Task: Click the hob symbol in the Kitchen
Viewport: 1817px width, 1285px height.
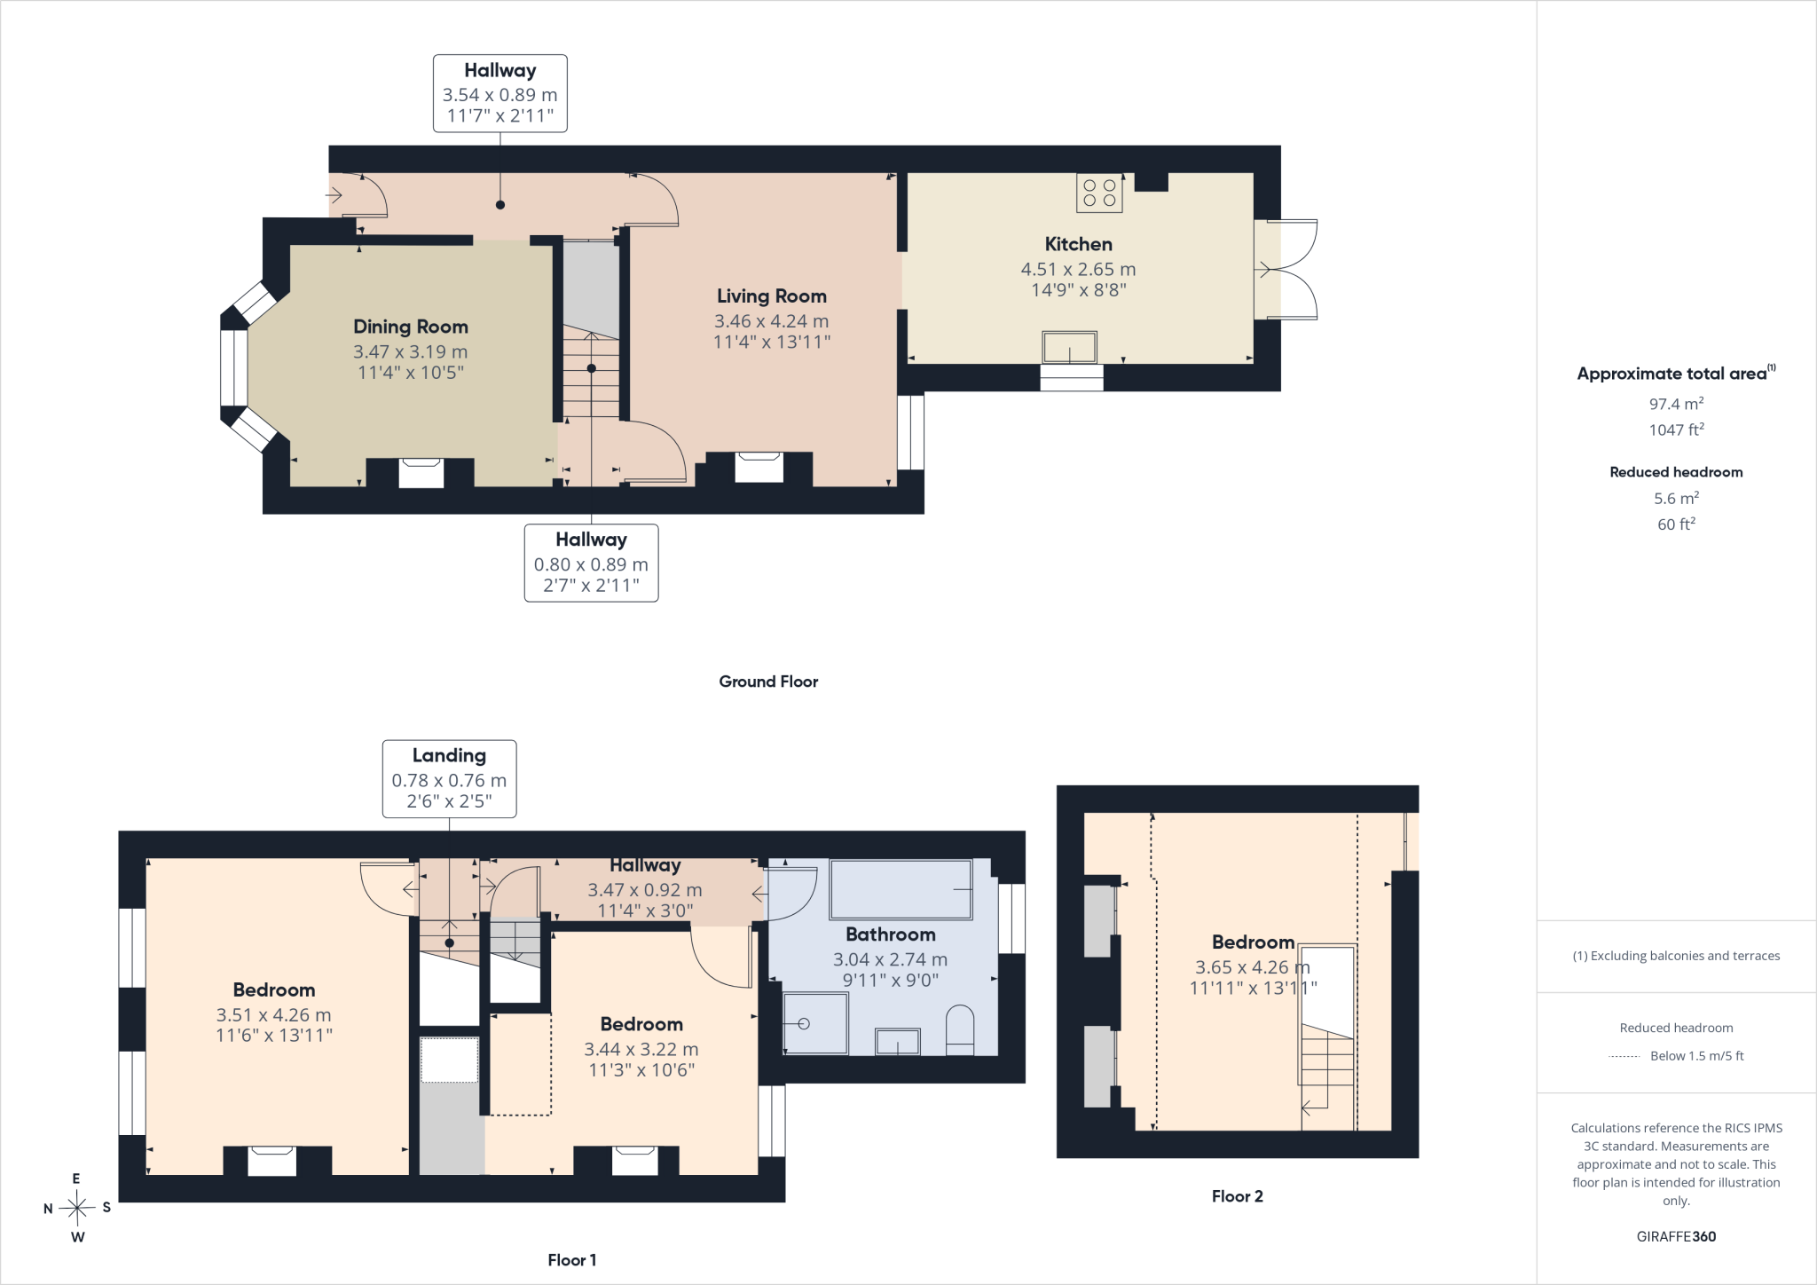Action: click(x=1099, y=193)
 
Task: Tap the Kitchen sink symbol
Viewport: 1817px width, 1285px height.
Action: click(x=1070, y=347)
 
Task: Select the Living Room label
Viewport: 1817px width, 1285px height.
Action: click(x=772, y=296)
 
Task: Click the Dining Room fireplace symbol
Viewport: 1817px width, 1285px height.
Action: click(x=421, y=473)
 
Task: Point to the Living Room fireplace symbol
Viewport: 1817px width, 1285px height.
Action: click(x=759, y=468)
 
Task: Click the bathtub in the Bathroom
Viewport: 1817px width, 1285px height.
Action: click(x=901, y=889)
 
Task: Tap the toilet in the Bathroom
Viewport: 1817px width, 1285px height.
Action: click(x=960, y=1029)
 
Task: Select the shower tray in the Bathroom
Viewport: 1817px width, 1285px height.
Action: click(x=815, y=1023)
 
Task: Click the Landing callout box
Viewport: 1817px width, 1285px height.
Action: click(x=449, y=778)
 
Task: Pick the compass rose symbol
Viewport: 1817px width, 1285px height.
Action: click(x=77, y=1208)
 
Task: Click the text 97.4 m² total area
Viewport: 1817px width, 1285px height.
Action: click(x=1676, y=404)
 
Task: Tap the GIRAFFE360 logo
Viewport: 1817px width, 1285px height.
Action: click(x=1676, y=1236)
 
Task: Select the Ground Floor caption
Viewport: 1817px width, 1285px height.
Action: click(x=768, y=682)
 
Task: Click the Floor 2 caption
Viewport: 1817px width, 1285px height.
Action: click(x=1237, y=1196)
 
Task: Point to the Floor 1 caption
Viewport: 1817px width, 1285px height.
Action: click(x=572, y=1260)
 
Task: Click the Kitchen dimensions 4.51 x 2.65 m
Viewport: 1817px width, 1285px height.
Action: click(x=1078, y=269)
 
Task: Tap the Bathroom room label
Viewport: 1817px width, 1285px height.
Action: click(x=890, y=934)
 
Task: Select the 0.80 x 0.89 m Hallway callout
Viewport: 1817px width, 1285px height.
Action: click(x=592, y=563)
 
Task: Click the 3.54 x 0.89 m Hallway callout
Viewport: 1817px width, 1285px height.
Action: click(x=500, y=93)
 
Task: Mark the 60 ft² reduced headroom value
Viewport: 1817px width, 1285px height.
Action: click(x=1676, y=524)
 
